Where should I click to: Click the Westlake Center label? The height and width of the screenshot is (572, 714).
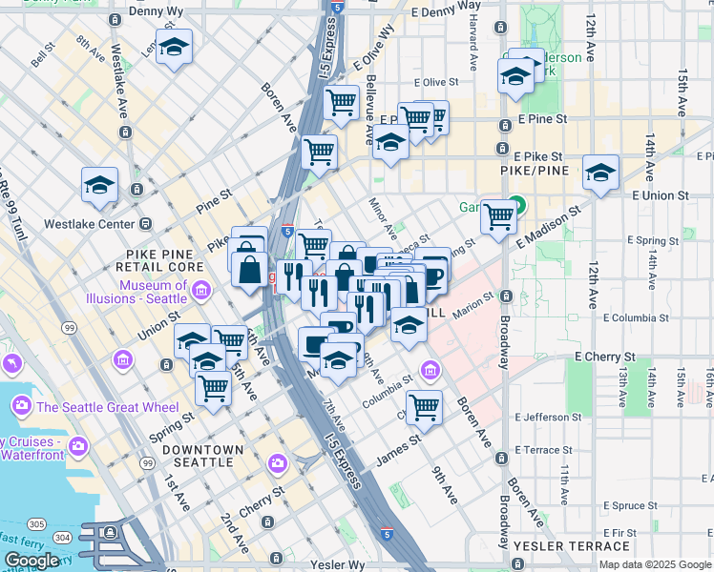[89, 224]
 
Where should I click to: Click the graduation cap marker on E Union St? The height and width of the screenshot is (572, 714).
[600, 172]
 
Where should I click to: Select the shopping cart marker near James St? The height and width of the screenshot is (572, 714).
[424, 406]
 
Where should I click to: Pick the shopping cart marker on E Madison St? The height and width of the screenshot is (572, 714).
[497, 216]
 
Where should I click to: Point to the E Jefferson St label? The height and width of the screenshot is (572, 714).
[547, 418]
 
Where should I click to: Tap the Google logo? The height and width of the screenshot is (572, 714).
[31, 561]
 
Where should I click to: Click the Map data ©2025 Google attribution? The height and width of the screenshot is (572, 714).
[655, 564]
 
